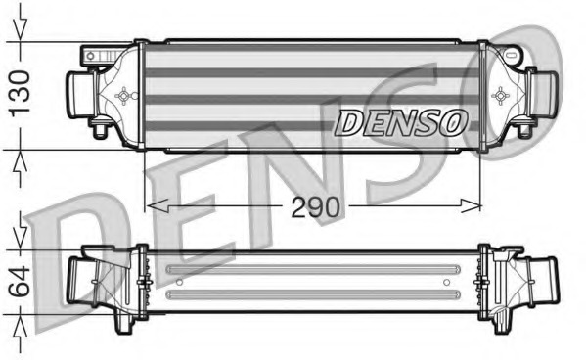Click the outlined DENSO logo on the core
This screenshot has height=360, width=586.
click(x=401, y=122)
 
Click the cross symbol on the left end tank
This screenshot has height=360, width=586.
click(x=124, y=95)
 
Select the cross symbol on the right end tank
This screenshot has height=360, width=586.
click(x=501, y=95)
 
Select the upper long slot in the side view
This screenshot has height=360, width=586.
click(x=313, y=270)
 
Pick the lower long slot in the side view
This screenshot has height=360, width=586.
click(x=313, y=293)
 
